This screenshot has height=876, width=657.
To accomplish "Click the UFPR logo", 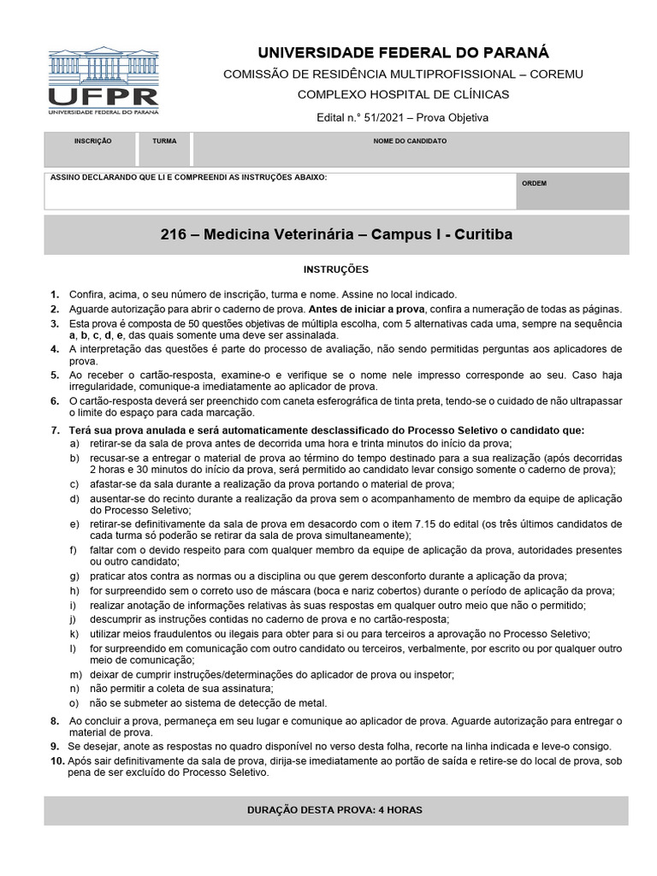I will pos(103,81).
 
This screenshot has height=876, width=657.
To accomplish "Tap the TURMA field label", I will pos(164,140).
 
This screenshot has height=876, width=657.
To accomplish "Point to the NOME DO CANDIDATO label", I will pos(410,140).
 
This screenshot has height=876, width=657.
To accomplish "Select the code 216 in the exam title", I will pos(173,234).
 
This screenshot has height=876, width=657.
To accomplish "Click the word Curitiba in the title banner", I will pos(483,234).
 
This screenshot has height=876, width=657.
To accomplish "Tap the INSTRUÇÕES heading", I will pos(336,269).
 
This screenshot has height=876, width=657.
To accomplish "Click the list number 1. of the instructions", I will pos(56,293).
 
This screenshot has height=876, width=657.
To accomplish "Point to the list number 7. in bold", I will pos(56,430).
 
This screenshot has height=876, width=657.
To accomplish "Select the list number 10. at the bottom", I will pos(57,761).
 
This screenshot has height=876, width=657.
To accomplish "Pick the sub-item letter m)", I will pos(76,675).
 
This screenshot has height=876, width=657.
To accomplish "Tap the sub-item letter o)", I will pos(75,703).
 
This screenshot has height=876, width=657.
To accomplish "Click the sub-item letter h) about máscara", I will pos(75,591).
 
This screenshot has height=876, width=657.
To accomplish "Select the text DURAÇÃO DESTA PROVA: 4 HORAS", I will pos(334,809).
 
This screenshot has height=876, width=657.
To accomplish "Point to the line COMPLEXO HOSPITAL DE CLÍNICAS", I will pos(403,95).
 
